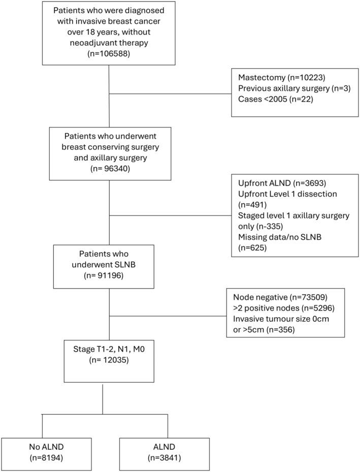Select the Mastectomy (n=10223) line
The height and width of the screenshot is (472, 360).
click(281, 78)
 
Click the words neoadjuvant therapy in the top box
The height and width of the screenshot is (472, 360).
click(109, 42)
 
